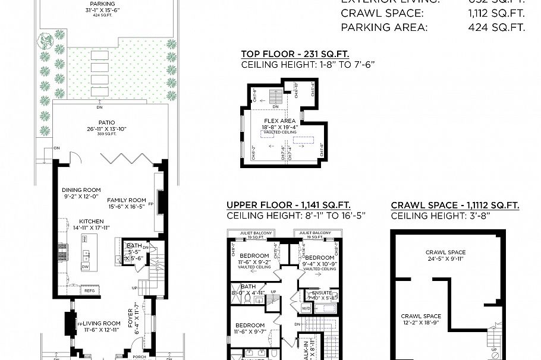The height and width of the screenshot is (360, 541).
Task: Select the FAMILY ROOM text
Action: point(127,200)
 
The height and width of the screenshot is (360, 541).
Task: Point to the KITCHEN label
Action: point(88,221)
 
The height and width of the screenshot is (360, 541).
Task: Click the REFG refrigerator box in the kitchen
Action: point(89,290)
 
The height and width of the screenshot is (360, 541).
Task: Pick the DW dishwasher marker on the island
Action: point(86,267)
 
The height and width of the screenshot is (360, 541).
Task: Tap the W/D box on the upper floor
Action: point(306,308)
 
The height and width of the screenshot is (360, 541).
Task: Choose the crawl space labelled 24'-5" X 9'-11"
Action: point(445,252)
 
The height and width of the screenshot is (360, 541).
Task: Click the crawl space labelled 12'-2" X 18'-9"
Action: point(420,316)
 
